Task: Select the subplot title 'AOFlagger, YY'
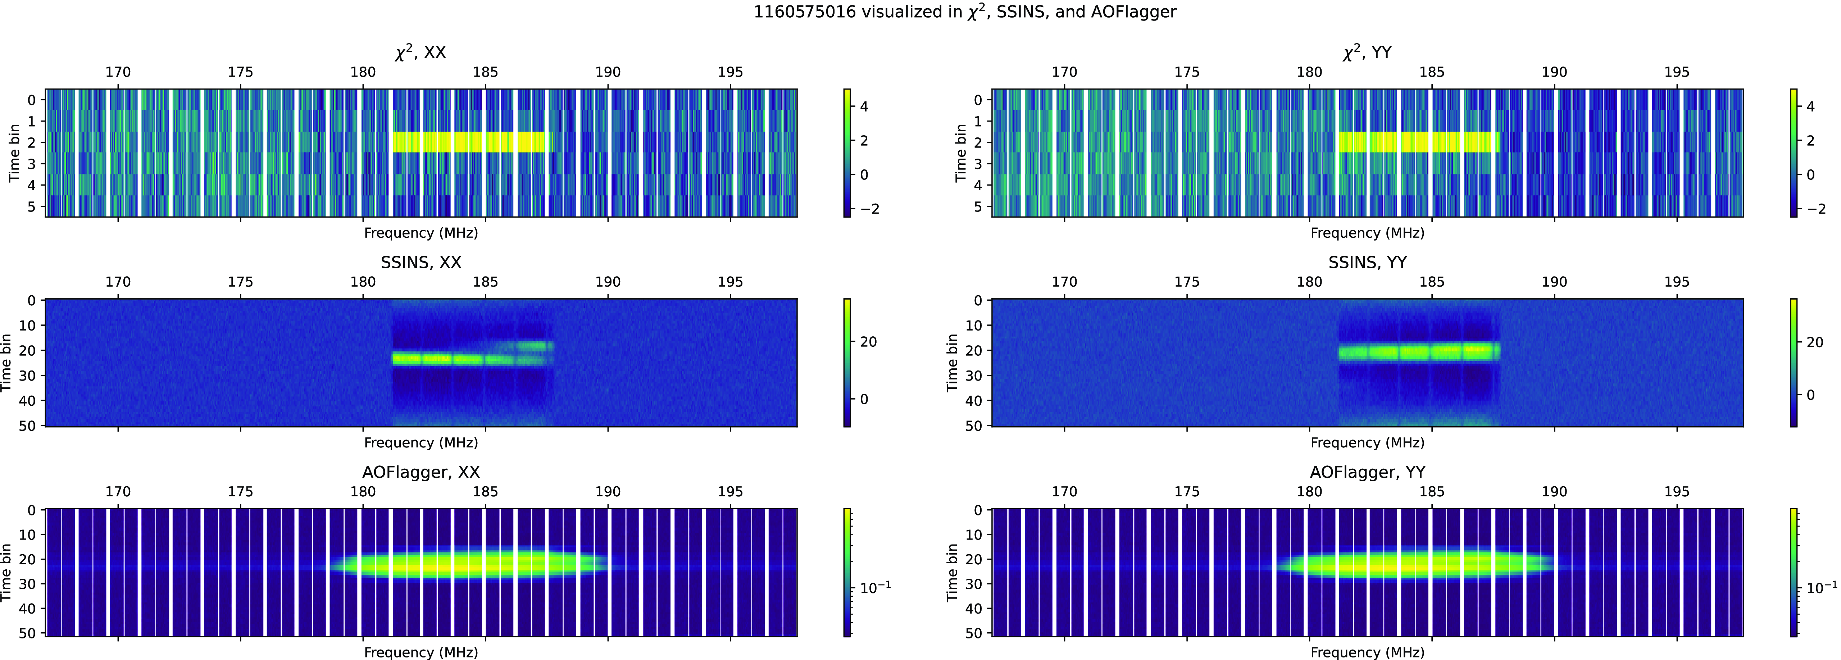1367,472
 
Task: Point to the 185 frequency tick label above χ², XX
485,72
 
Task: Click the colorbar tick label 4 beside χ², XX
864,106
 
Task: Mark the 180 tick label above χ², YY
1309,72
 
